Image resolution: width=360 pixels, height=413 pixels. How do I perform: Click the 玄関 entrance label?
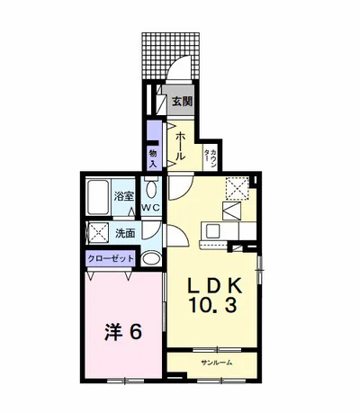click(x=182, y=102)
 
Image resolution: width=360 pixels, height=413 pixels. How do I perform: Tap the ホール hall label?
click(x=180, y=146)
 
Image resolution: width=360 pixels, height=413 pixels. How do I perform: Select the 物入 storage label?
click(x=153, y=159)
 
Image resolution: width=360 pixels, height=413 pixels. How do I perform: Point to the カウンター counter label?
click(x=211, y=156)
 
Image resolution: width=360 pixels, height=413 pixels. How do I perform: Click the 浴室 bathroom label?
click(x=123, y=196)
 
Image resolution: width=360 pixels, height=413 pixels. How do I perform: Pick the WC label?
click(x=152, y=208)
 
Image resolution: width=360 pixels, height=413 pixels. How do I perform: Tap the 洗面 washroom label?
click(x=125, y=233)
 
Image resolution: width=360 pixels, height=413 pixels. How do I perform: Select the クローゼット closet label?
click(x=111, y=258)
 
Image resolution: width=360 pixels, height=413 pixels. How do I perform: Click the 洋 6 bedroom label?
click(x=123, y=332)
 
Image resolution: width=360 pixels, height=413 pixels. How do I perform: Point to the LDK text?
click(x=215, y=286)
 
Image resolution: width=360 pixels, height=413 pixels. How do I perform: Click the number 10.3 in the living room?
click(x=212, y=306)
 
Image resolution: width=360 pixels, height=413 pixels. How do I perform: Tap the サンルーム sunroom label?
click(x=217, y=363)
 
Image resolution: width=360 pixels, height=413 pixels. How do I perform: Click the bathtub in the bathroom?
click(x=98, y=197)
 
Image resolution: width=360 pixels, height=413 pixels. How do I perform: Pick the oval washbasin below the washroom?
click(x=151, y=258)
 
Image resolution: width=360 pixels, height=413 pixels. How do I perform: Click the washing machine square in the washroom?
click(x=98, y=231)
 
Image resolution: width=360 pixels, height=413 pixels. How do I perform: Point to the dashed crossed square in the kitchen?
click(x=238, y=188)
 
